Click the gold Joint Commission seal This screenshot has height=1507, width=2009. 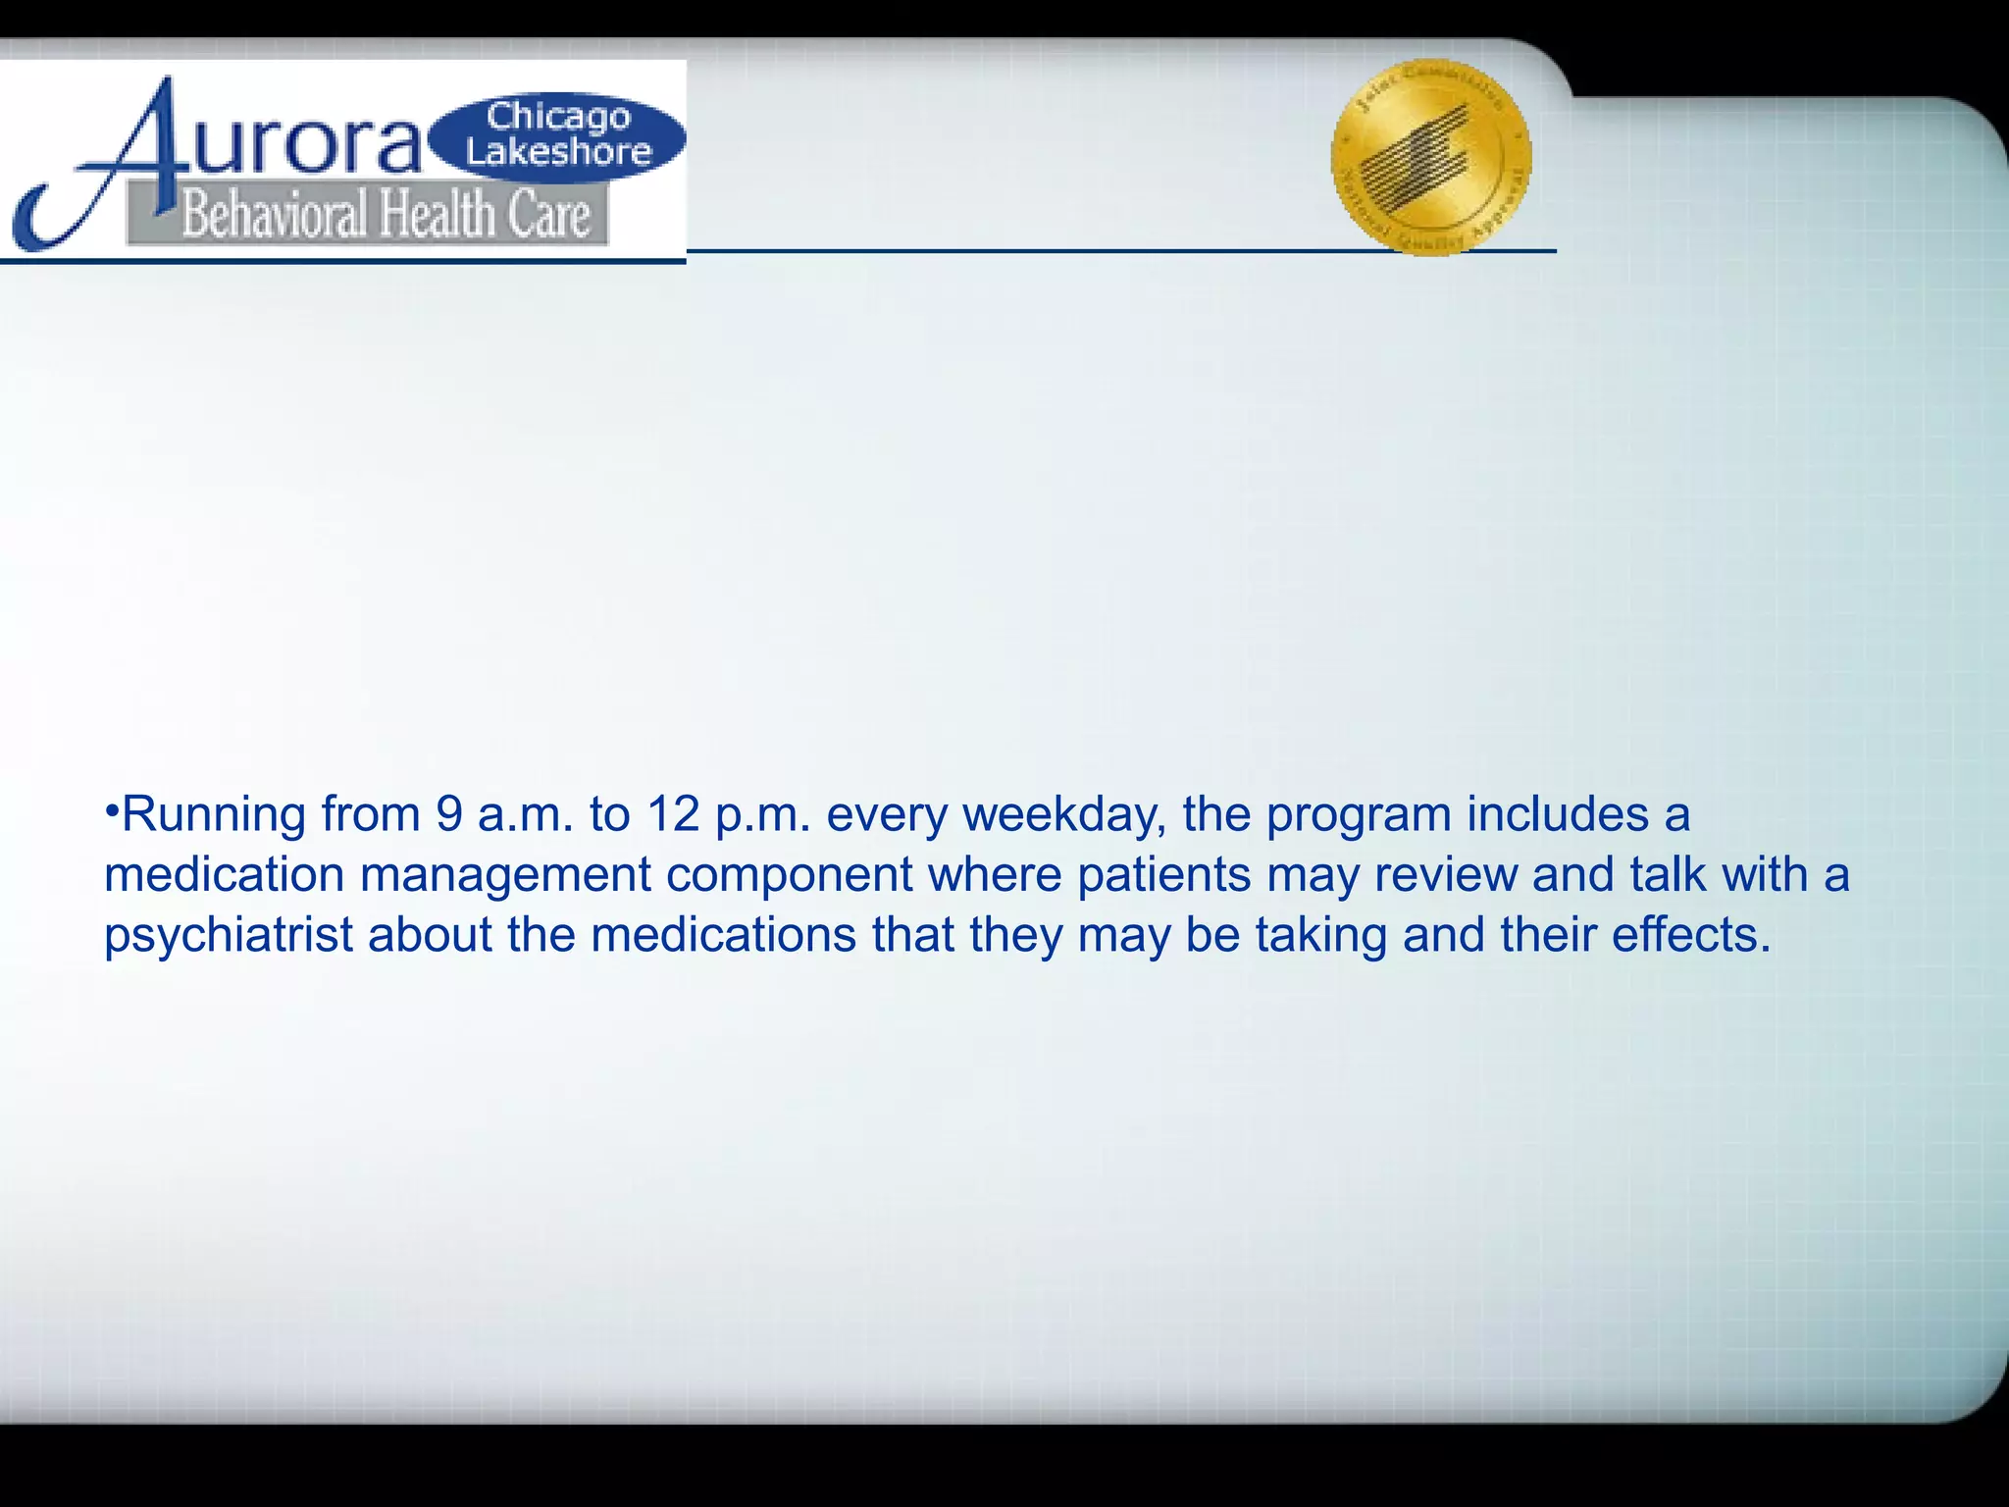[x=1430, y=157]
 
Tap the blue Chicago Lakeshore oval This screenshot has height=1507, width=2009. [x=558, y=135]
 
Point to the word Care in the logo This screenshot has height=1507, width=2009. [x=548, y=215]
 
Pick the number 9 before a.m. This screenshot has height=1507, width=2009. [x=449, y=815]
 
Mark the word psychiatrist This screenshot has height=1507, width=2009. [x=228, y=935]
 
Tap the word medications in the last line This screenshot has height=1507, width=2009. [x=723, y=935]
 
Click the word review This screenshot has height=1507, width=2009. [x=1445, y=874]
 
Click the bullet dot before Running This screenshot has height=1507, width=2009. [x=112, y=812]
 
